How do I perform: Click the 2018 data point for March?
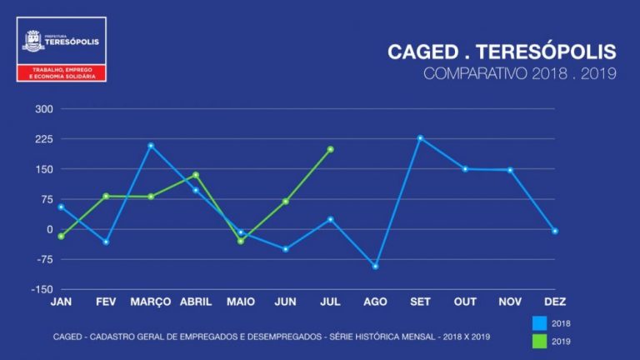151,146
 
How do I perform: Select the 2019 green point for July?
331,149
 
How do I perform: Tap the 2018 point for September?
420,138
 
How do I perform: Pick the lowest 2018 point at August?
375,267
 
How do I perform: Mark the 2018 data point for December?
554,231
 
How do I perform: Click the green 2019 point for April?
196,175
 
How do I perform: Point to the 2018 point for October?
465,169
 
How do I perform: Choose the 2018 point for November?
510,170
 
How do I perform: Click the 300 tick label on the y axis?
43,109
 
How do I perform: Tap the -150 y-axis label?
42,289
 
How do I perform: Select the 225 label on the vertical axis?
43,139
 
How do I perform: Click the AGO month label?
375,302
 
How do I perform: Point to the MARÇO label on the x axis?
151,302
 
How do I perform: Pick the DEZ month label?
554,302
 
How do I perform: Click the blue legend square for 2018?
539,322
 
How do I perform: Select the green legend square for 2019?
539,340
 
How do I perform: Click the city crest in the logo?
33,37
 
